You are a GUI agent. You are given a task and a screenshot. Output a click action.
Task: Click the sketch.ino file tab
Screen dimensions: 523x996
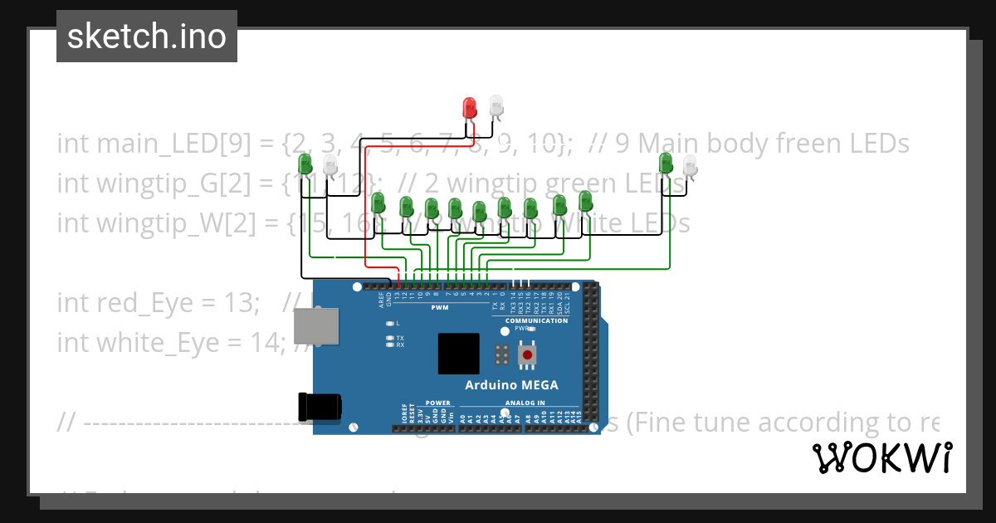coord(146,37)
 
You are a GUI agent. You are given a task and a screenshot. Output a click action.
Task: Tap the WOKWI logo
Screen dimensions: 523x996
coord(881,457)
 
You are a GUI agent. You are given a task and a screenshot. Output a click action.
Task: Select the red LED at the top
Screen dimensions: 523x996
coord(469,108)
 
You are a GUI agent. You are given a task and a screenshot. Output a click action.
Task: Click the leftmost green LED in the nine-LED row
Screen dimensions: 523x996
coord(378,203)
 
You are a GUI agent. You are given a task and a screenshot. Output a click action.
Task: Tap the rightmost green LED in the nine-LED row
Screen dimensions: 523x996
coord(585,201)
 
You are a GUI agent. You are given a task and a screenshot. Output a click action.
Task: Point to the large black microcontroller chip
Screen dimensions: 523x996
coord(459,354)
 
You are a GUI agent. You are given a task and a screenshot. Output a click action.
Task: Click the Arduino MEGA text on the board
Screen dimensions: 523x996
coord(511,384)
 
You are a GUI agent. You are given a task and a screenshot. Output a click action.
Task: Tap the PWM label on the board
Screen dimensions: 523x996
coord(440,308)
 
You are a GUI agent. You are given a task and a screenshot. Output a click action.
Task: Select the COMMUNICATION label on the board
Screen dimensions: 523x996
coord(536,320)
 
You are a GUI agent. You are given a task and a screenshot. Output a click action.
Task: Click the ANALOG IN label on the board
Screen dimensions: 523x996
coord(525,403)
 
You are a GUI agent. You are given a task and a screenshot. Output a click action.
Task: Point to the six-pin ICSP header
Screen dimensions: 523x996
coord(501,354)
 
